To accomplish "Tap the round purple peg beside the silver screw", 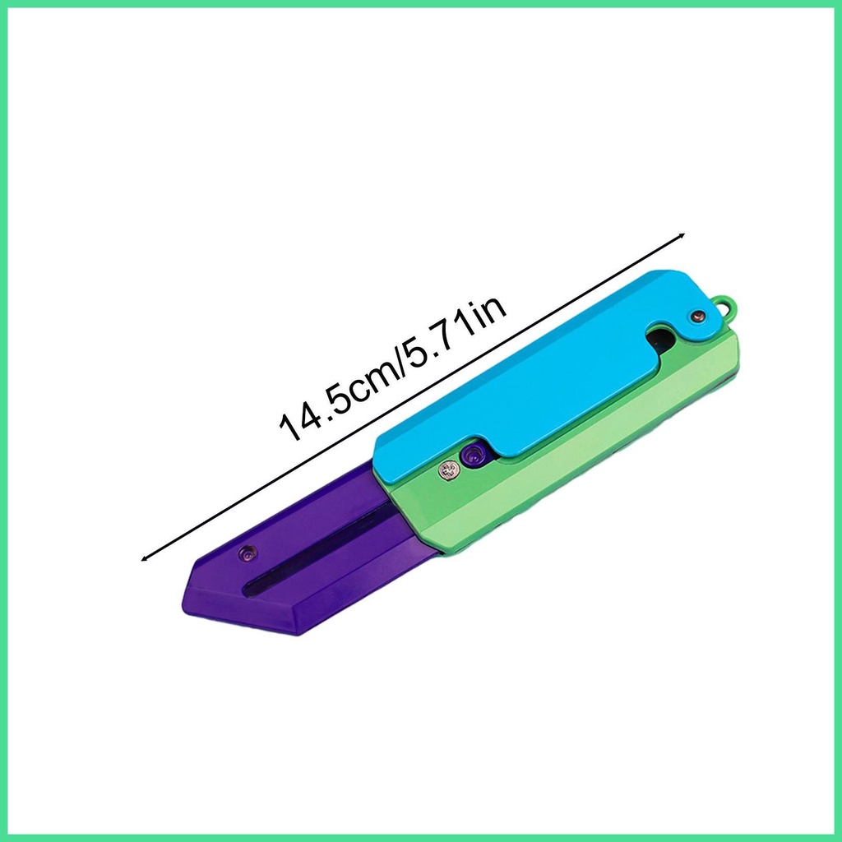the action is [473, 457].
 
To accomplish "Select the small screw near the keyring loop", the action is [698, 317].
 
